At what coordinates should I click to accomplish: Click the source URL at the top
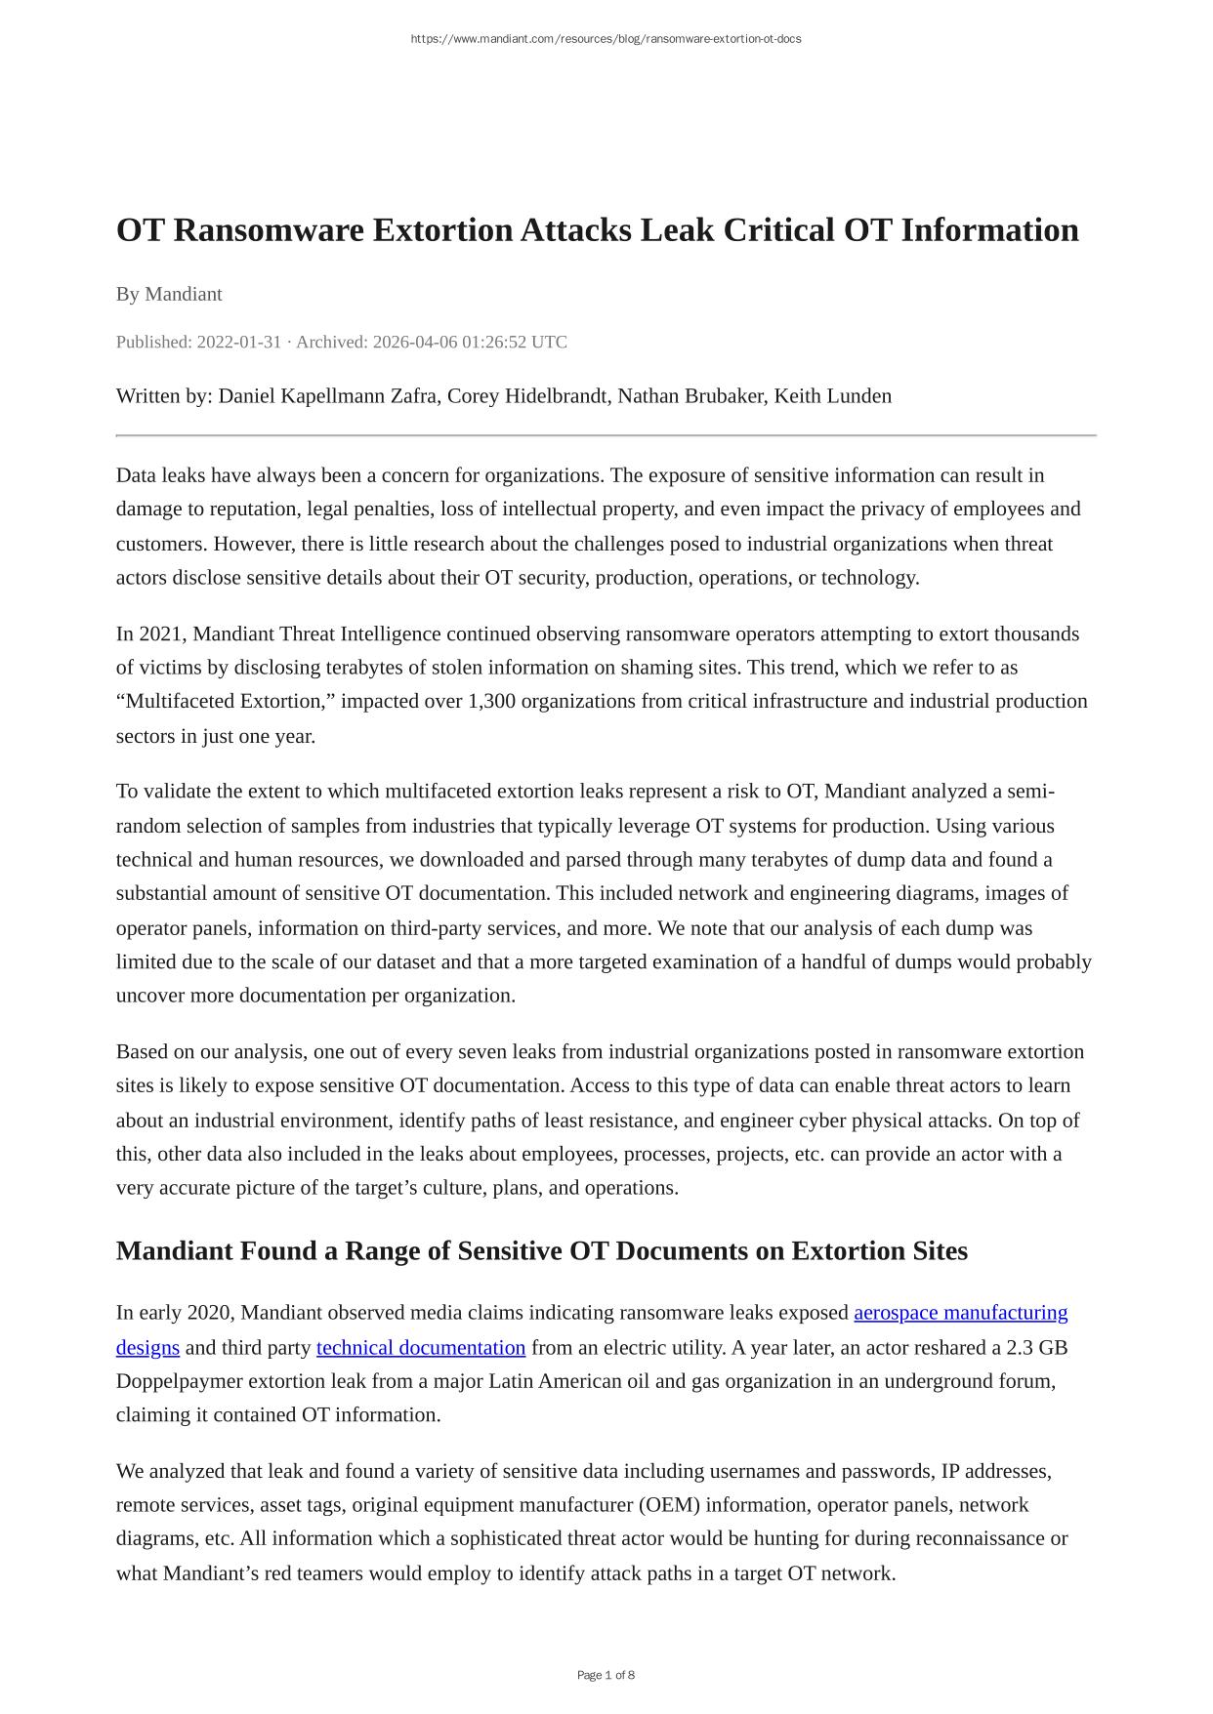pos(606,39)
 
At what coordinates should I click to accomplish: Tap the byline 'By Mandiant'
pos(169,294)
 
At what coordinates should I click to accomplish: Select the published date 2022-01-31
pos(238,342)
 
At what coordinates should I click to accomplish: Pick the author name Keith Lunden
pos(832,395)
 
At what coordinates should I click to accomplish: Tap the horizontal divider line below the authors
pos(606,435)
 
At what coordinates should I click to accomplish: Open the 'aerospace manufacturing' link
pos(960,1312)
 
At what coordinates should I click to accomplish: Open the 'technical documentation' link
pos(421,1347)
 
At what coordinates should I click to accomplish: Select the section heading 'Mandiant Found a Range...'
pos(542,1250)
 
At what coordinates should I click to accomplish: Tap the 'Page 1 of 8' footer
pos(606,1675)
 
